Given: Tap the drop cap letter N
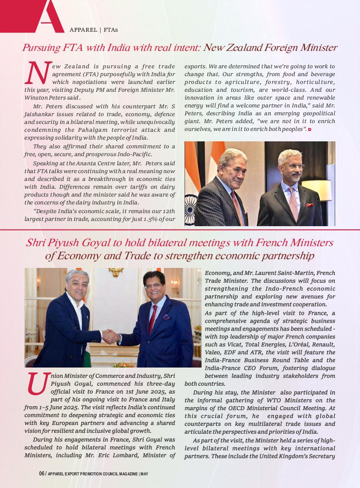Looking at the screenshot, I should coord(37,74).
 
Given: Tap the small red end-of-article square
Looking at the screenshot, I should coord(310,130).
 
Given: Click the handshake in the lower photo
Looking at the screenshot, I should coord(110,336).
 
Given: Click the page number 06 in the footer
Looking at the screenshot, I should coord(42,473).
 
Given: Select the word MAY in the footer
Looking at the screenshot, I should coord(145,474).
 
